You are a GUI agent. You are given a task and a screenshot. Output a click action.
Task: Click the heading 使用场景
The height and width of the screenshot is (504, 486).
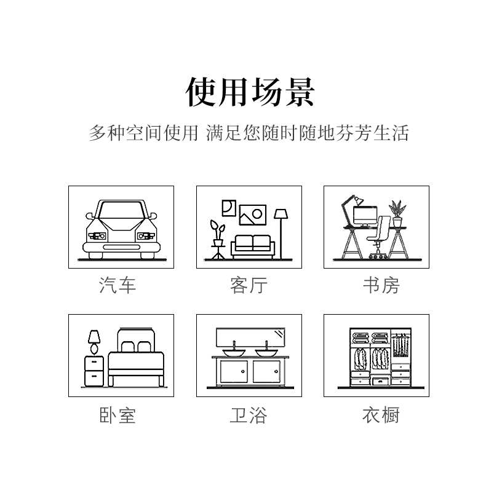click(250, 92)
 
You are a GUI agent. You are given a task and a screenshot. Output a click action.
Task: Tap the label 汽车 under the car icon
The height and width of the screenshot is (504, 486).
click(118, 285)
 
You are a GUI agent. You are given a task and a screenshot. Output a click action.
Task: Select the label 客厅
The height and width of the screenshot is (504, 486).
click(249, 285)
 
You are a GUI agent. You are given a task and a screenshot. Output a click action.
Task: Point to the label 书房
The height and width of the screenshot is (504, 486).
click(381, 285)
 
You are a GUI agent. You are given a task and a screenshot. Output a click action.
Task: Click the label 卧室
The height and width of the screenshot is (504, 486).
click(118, 415)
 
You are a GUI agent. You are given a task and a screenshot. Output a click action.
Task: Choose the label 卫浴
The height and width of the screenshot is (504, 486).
click(249, 415)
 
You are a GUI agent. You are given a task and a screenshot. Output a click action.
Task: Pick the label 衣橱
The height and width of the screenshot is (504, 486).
click(381, 415)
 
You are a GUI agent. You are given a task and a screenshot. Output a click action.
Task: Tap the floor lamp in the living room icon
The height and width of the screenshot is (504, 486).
click(281, 234)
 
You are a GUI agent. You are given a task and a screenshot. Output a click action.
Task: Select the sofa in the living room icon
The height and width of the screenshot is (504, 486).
click(253, 246)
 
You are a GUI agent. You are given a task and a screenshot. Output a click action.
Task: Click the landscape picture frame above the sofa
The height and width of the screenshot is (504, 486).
click(253, 215)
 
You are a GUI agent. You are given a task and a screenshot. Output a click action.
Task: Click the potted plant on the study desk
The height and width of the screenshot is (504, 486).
click(397, 214)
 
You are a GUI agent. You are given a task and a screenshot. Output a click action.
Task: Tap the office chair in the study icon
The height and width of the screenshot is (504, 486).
click(380, 237)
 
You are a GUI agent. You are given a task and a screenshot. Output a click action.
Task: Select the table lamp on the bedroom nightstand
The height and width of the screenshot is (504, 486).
click(94, 342)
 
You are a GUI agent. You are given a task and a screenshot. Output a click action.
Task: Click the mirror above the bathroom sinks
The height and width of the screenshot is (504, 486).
click(250, 337)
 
